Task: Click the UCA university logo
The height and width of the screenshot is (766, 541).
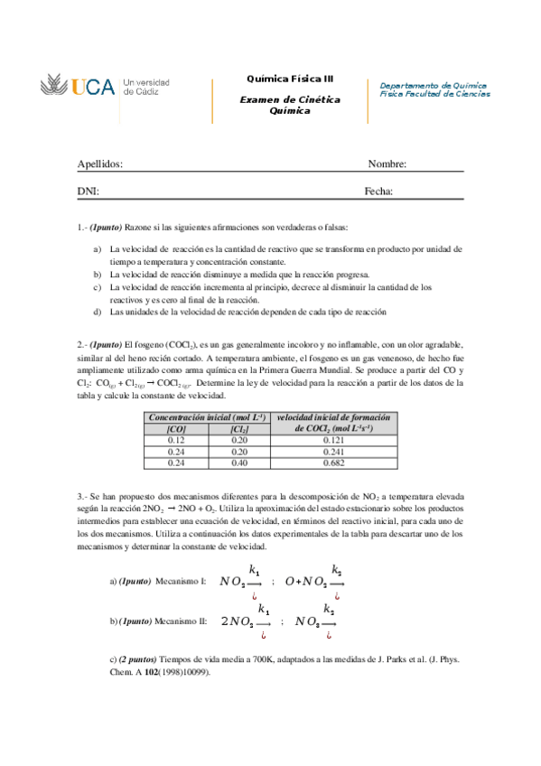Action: point(105,88)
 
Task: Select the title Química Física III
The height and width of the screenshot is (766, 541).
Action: point(290,79)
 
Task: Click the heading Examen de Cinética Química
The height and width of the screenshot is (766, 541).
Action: point(290,105)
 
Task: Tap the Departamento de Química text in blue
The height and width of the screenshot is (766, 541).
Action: point(434,83)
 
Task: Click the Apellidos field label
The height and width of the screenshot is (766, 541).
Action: point(99,163)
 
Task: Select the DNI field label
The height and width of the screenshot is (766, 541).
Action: point(88,191)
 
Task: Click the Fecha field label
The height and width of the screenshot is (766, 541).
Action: point(378,191)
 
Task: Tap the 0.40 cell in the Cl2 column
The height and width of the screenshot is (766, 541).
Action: point(239,462)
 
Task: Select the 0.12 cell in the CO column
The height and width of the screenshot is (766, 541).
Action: point(176,440)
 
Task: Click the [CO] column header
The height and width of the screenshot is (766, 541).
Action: point(176,429)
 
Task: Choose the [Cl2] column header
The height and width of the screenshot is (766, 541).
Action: point(239,429)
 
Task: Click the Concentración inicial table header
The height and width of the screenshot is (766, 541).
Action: point(207,417)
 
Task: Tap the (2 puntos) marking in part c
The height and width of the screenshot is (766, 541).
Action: point(137,660)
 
